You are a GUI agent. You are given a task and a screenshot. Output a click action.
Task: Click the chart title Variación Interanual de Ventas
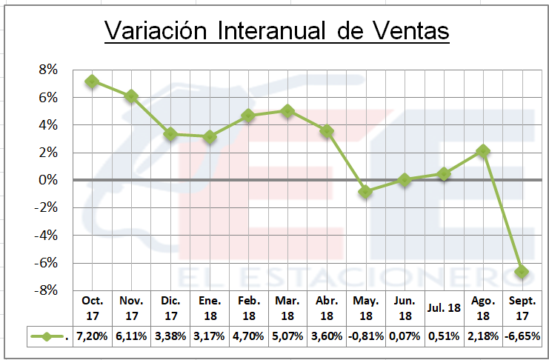point(276,30)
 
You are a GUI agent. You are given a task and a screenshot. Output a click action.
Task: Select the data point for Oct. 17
point(91,81)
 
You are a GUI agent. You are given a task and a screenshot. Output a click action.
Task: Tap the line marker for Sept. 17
point(522,271)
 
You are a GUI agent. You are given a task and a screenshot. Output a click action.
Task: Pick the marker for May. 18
point(365,191)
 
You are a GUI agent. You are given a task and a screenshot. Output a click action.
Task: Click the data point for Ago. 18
point(482,150)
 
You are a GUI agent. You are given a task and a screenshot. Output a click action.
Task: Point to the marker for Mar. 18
point(287,111)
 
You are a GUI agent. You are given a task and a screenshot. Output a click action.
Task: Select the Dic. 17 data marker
point(170,134)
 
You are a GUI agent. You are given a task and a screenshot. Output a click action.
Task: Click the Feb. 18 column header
point(247,308)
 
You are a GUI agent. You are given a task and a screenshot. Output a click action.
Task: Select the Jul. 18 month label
point(443,308)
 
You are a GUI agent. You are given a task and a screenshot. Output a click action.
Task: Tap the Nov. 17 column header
point(130,308)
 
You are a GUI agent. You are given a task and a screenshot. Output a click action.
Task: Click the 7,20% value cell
point(91,336)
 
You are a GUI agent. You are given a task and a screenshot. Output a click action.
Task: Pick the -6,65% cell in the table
point(522,336)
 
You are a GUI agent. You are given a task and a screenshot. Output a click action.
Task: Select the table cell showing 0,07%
point(405,336)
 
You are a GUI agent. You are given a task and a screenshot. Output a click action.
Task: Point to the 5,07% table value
point(287,336)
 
